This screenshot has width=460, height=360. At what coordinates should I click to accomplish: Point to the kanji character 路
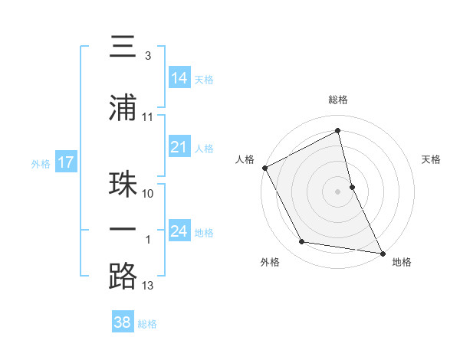pos(123,277)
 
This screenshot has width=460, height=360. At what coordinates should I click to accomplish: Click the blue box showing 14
pos(179,77)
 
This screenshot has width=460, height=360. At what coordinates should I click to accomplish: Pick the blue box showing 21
pos(179,148)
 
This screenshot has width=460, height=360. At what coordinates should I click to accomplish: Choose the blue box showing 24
pos(179,231)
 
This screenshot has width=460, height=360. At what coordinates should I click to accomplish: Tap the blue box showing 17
pos(66,162)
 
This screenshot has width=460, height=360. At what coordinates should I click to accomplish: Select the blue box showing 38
pos(123,322)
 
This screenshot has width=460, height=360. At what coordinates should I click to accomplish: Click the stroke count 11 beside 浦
pos(148,117)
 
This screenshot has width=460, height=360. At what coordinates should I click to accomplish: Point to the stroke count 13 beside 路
pos(148,286)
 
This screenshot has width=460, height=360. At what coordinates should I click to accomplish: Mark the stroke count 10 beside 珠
pos(148,194)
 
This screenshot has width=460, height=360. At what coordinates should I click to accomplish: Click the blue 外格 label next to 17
pos(41,163)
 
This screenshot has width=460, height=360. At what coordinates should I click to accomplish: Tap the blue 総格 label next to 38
pos(147,323)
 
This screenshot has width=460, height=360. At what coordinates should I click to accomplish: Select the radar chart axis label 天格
pos(431,159)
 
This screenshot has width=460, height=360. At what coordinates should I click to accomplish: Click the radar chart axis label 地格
pos(402,262)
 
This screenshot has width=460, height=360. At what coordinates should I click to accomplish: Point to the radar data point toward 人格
pos(265,168)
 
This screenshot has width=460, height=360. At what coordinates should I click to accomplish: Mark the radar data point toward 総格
pos(338,132)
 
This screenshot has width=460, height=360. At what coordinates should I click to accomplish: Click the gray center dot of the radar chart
pos(338,191)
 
